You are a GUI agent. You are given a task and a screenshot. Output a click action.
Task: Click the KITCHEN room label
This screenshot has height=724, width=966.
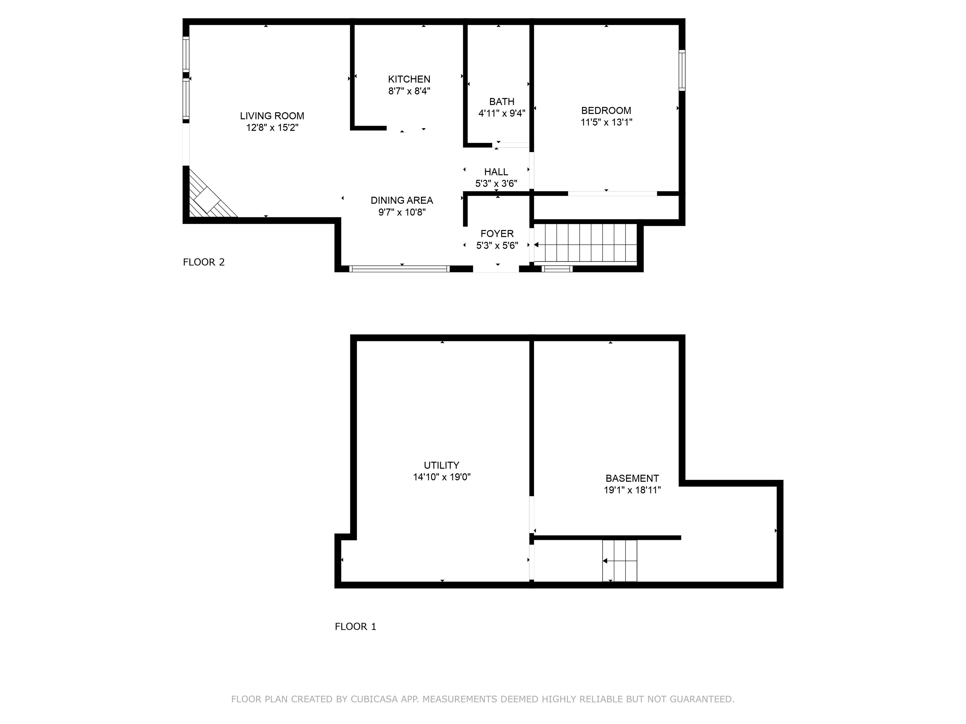pyautogui.click(x=409, y=79)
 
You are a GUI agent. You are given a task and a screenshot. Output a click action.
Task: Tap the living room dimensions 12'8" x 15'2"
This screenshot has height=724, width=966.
pyautogui.click(x=272, y=128)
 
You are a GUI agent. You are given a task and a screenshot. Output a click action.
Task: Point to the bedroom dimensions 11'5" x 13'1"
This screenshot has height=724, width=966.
pyautogui.click(x=606, y=122)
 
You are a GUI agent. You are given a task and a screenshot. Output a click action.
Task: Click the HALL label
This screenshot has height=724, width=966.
pyautogui.click(x=496, y=172)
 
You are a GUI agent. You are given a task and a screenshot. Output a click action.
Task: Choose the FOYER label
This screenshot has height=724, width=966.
pyautogui.click(x=497, y=233)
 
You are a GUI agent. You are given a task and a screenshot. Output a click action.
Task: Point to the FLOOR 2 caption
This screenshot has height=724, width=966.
pyautogui.click(x=203, y=262)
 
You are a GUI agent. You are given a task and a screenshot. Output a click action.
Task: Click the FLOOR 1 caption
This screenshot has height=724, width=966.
pyautogui.click(x=355, y=626)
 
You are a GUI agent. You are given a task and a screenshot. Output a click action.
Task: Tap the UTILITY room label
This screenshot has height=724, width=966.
pyautogui.click(x=441, y=465)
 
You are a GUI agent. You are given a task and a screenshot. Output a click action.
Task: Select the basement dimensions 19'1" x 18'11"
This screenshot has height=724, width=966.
pyautogui.click(x=632, y=490)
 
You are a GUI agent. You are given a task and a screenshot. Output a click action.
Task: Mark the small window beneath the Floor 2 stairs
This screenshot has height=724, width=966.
pyautogui.click(x=557, y=269)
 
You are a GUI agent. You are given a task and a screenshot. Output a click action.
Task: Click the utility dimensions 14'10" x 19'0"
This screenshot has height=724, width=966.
pyautogui.click(x=441, y=477)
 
